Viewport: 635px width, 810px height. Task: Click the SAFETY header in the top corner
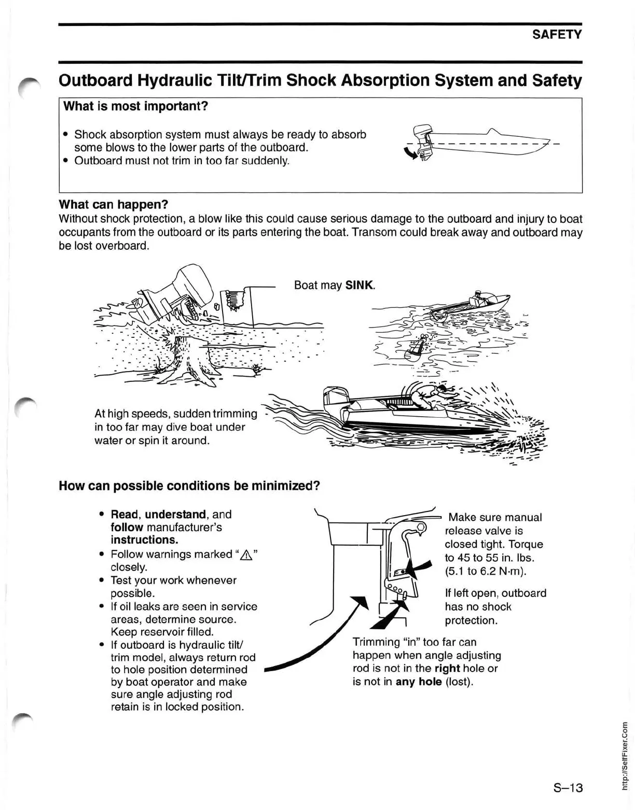click(557, 35)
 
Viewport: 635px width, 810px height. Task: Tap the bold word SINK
click(360, 285)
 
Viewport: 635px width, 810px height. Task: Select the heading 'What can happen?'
click(114, 204)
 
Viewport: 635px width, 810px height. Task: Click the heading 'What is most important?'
click(135, 106)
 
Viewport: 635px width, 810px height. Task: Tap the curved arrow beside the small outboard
click(410, 153)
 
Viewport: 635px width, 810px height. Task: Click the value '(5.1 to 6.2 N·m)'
click(486, 571)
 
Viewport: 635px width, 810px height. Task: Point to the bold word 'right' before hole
click(447, 669)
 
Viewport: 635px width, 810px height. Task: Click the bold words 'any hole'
click(418, 681)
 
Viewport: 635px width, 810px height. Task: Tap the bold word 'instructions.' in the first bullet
click(144, 540)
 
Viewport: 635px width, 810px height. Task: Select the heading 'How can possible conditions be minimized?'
click(189, 486)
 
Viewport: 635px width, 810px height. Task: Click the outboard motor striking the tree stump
click(179, 293)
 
